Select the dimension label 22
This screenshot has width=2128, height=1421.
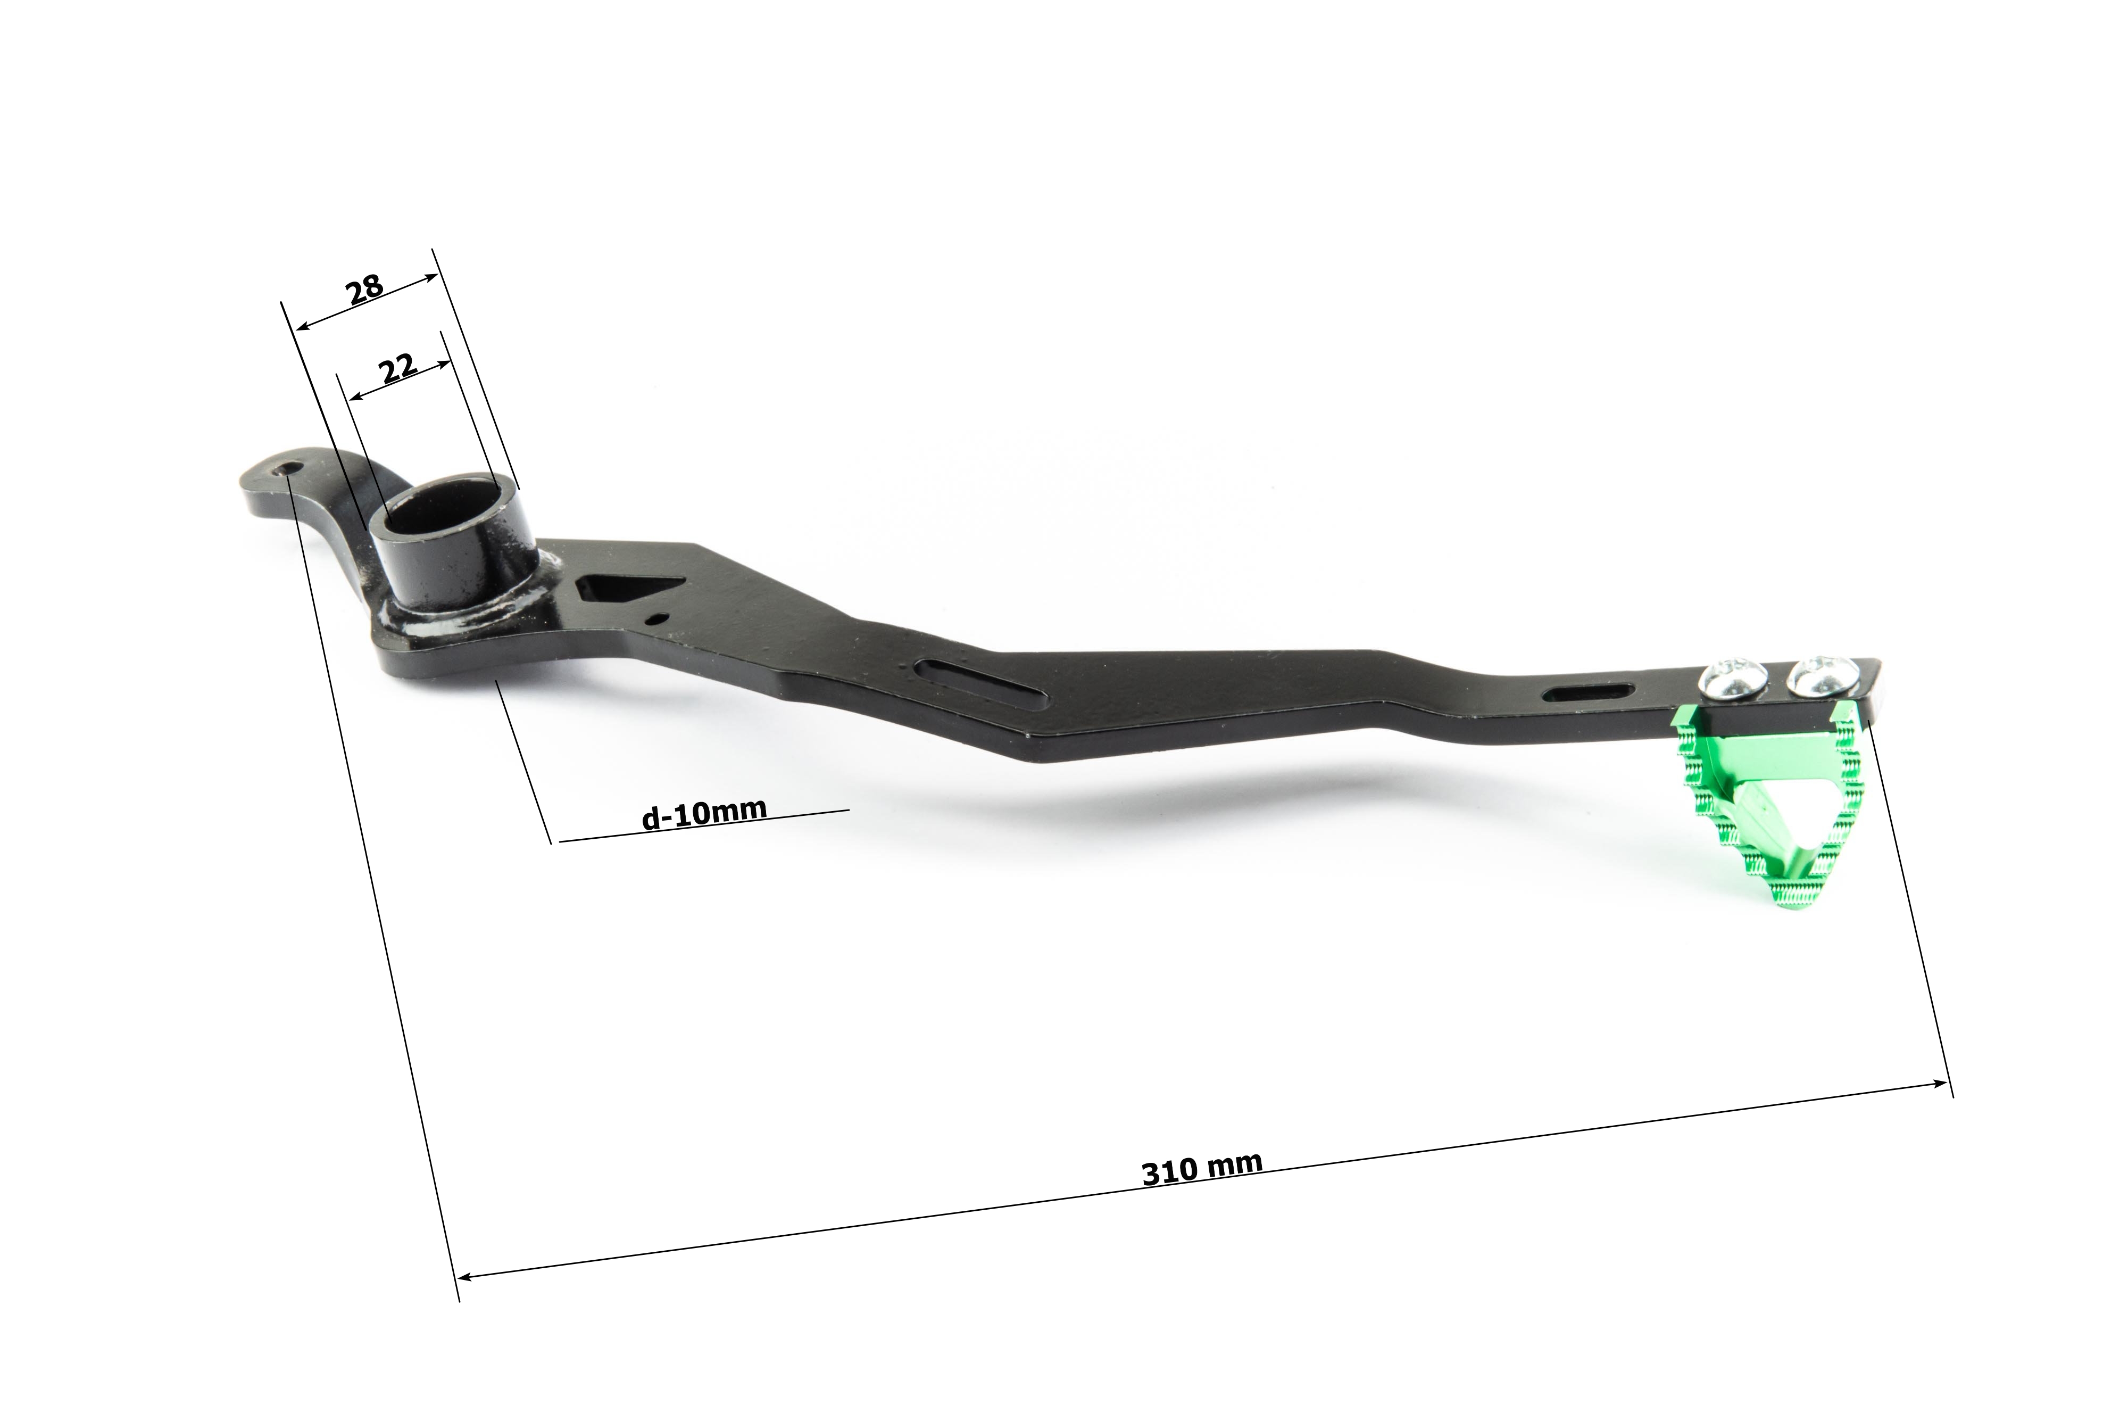[x=398, y=369]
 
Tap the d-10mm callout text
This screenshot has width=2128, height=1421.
[x=704, y=813]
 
